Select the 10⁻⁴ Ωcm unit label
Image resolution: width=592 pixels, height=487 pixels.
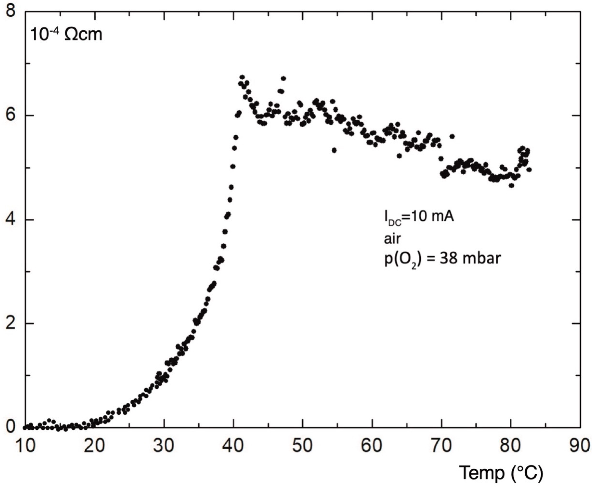(66, 36)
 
